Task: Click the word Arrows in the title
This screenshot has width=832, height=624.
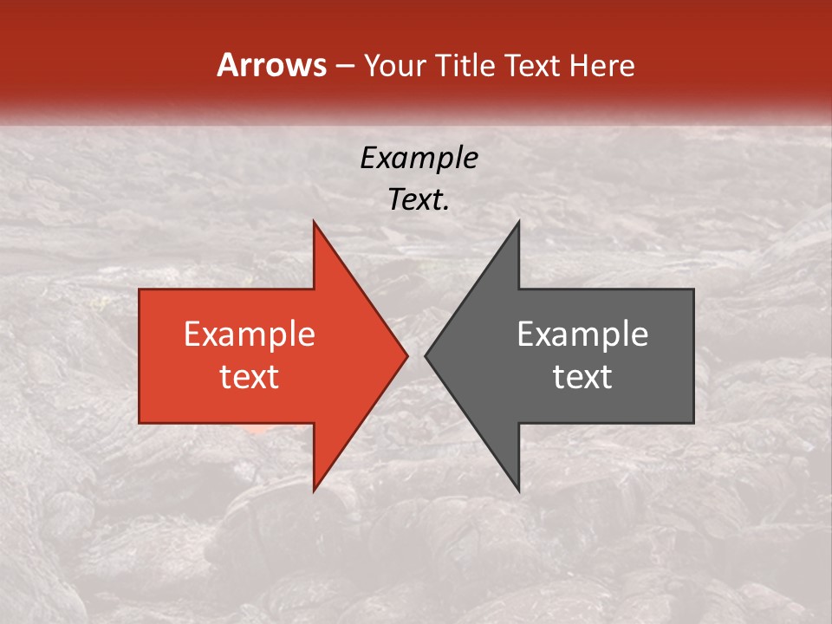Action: (x=271, y=66)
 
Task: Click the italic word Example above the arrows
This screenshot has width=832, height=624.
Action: (x=419, y=158)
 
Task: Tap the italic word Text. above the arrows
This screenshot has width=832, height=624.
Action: (x=419, y=200)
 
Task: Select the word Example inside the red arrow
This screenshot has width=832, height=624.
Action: (x=250, y=335)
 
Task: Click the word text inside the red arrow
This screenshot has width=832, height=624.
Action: (x=250, y=377)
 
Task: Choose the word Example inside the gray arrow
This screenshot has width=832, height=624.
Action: (x=582, y=335)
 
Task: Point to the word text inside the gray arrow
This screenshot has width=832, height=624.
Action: (x=582, y=377)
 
